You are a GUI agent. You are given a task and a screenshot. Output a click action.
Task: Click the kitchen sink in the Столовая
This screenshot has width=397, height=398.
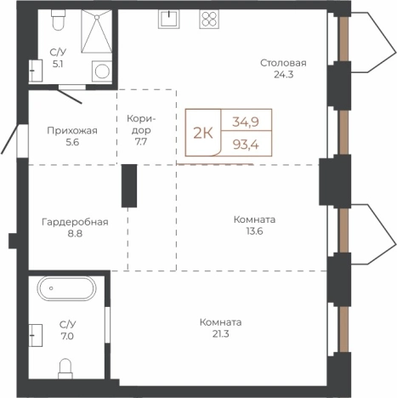point(169,19)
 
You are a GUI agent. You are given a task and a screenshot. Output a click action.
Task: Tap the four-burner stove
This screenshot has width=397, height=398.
point(209,19)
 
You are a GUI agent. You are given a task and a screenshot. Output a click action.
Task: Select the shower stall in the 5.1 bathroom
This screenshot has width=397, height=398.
point(96,31)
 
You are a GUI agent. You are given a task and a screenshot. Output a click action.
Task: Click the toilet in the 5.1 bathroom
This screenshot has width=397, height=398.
point(58,20)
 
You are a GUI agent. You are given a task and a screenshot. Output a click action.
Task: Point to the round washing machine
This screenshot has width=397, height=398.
point(102,71)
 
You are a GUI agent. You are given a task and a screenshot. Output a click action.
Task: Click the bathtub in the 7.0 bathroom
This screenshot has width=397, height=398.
point(66,288)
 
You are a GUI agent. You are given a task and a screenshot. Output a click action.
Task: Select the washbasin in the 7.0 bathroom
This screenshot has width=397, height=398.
point(36,335)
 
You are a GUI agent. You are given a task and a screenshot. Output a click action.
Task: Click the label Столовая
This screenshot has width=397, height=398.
point(283,63)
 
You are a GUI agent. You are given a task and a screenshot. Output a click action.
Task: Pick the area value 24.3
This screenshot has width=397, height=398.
point(283,75)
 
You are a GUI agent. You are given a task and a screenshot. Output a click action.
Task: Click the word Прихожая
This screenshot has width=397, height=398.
point(72,131)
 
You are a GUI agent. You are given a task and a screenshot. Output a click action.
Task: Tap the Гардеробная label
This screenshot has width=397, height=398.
point(75,222)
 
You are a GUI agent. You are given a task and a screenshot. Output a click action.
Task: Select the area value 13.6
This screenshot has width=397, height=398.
point(254,231)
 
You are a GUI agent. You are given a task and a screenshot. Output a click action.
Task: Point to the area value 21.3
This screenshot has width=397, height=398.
point(221,334)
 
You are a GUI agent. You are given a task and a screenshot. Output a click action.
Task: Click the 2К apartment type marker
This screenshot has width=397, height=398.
point(203,133)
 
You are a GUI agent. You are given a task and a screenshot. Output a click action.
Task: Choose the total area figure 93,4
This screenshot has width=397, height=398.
point(246,145)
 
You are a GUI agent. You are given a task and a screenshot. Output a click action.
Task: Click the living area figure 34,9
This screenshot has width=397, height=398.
point(246,122)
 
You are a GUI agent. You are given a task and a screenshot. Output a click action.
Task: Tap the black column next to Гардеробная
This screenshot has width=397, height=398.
point(129,185)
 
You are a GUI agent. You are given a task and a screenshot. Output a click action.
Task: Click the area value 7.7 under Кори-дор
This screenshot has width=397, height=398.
point(141,142)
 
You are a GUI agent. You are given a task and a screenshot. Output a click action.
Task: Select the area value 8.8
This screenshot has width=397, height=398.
point(75,234)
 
